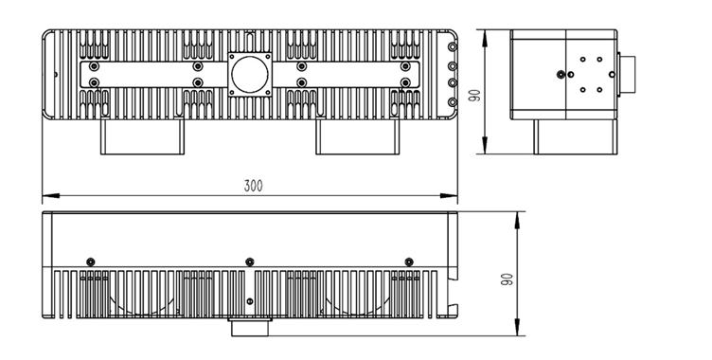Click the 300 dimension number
click(254, 186)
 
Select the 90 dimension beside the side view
click(474, 96)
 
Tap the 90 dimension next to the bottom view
click(507, 279)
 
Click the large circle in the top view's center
click(250, 75)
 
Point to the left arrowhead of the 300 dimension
click(51, 196)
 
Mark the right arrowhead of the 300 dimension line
click(449, 196)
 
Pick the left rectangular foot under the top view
click(142, 136)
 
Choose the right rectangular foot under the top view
click(357, 136)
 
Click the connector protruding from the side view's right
click(627, 75)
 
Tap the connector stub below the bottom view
click(250, 327)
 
